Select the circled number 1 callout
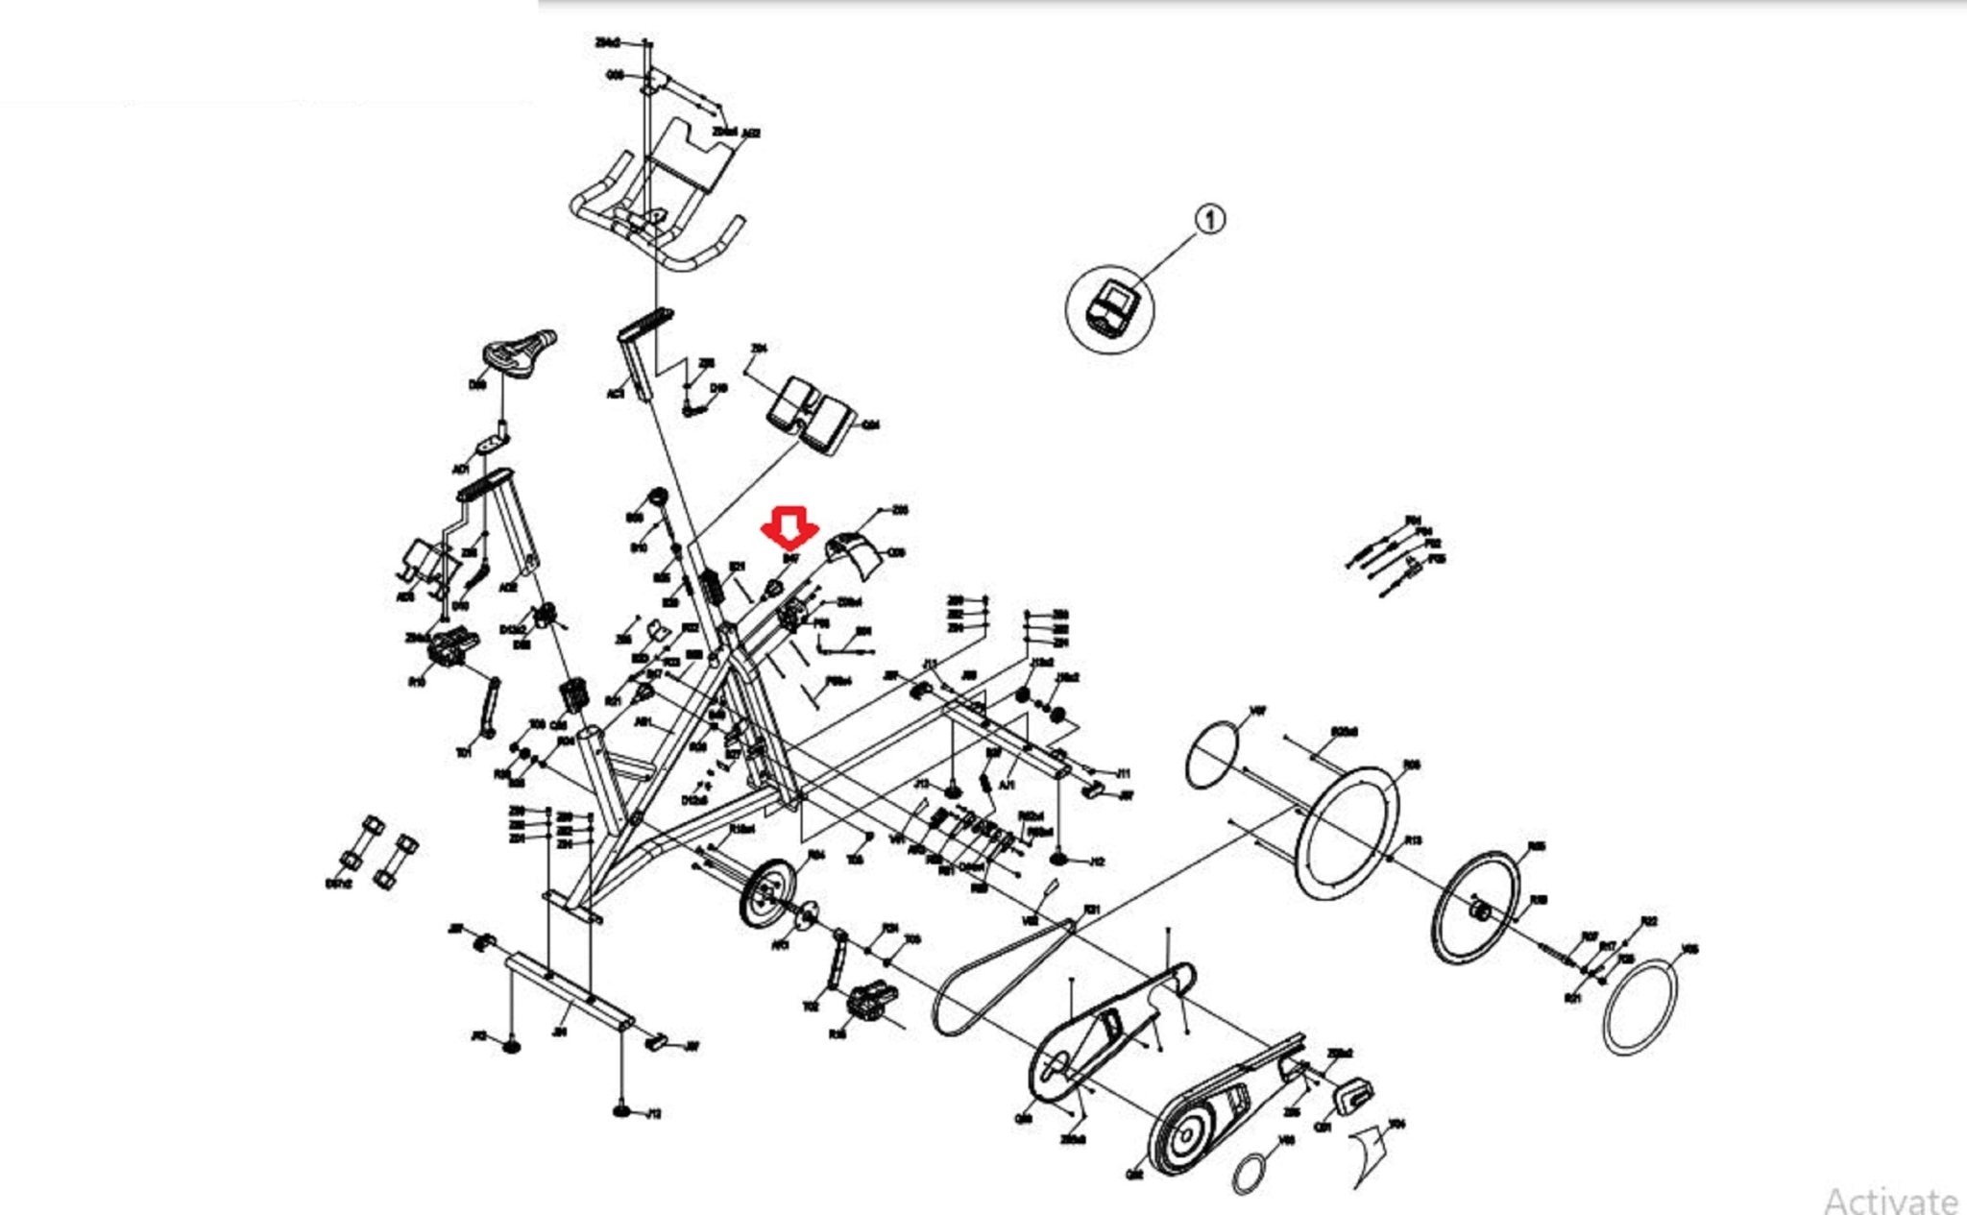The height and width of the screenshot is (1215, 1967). coord(1210,220)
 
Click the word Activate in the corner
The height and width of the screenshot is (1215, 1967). coord(1889,1200)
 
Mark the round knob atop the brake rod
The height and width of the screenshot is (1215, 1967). coord(659,497)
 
